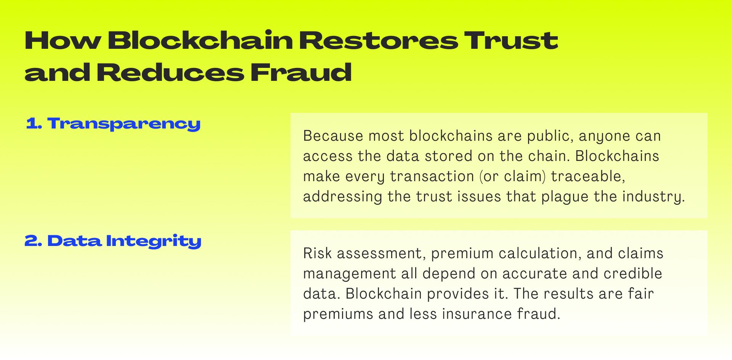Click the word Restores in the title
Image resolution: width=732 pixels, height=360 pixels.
click(378, 40)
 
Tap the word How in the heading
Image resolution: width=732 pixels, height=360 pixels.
click(63, 40)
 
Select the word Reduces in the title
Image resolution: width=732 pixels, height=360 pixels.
click(170, 72)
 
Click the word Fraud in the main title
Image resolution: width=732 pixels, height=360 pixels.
click(301, 72)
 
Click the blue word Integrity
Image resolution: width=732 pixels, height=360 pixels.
click(153, 241)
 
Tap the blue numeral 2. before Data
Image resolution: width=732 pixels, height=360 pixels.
click(33, 241)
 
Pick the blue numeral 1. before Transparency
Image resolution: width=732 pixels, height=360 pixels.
click(34, 124)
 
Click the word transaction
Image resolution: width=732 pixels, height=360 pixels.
click(432, 176)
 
